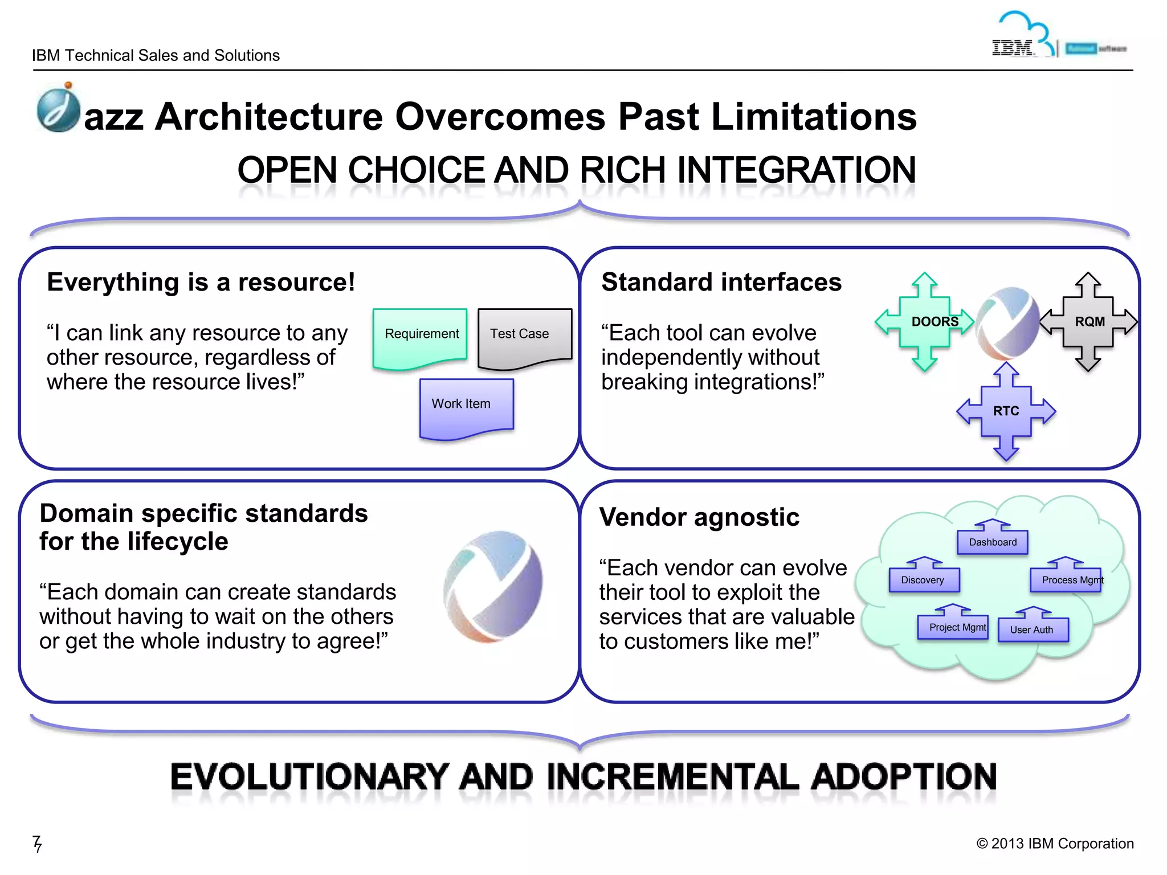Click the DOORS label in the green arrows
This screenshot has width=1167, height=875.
tap(935, 322)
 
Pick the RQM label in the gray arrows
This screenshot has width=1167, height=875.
tap(1090, 322)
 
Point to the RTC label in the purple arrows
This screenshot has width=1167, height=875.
tap(1006, 411)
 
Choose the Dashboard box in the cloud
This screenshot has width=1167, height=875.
tap(993, 542)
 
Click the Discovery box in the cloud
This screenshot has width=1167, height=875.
tap(924, 580)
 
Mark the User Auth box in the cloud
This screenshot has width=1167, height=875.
tap(1033, 629)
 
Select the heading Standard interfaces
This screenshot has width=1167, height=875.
tap(721, 283)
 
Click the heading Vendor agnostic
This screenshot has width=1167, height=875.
tap(699, 517)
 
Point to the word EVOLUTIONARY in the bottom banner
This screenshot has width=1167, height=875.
tap(310, 777)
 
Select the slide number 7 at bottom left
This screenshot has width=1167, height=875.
tap(37, 843)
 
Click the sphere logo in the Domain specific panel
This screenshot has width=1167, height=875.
tap(493, 587)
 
